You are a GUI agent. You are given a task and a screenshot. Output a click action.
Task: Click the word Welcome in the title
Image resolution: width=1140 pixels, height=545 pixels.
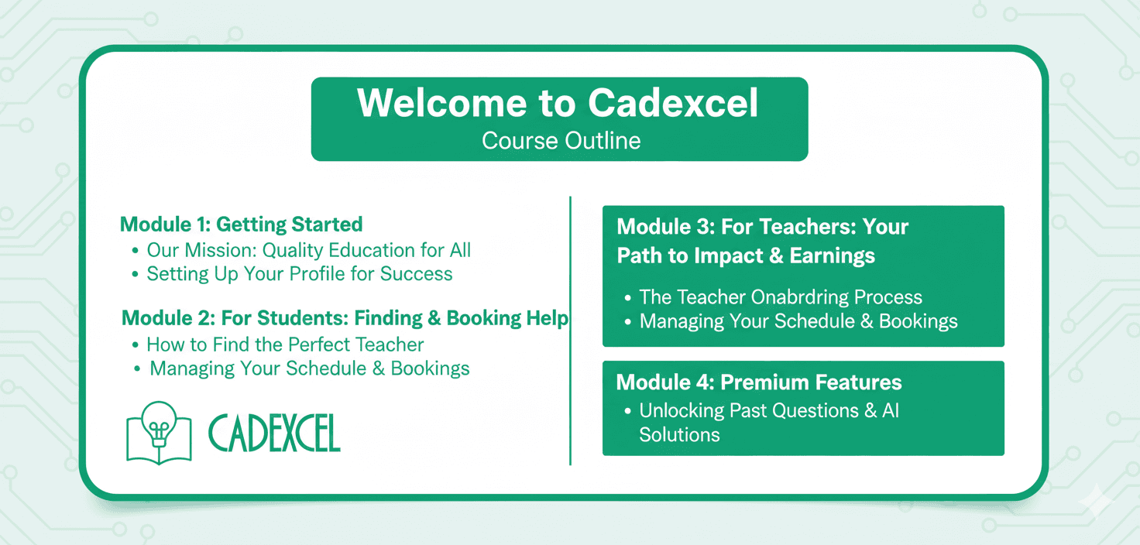coord(441,103)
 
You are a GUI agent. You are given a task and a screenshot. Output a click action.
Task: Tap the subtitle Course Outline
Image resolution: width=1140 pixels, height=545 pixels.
coord(561,140)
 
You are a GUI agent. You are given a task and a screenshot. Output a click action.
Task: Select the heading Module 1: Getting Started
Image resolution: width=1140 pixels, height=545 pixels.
coord(241,225)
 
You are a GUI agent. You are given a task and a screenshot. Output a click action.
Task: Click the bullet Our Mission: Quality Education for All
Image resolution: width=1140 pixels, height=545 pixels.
coord(308,250)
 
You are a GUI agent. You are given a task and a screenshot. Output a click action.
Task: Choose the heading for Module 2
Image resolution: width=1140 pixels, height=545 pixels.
coord(345,318)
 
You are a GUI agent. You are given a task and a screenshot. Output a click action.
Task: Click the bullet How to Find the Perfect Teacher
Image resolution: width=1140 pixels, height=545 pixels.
coord(285,344)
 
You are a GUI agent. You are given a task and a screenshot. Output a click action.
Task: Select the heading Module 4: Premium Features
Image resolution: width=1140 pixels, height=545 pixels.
coord(758,382)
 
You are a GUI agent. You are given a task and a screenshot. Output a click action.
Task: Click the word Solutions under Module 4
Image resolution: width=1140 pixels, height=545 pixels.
coord(679,434)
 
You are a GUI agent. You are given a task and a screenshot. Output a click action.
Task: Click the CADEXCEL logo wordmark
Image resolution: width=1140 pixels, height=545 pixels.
coord(274,433)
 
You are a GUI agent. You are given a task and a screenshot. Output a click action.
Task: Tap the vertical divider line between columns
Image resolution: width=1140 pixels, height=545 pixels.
coord(570,331)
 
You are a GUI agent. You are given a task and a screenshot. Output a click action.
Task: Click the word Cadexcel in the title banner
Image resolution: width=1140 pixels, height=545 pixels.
coord(673,103)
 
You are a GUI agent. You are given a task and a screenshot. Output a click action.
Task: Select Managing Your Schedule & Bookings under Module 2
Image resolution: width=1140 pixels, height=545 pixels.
coord(310,368)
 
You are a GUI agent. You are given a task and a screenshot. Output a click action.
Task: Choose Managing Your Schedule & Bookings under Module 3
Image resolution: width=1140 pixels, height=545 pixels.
coord(798,321)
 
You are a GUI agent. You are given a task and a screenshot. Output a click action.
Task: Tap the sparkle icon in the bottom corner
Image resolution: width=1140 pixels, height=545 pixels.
coord(1097,500)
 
